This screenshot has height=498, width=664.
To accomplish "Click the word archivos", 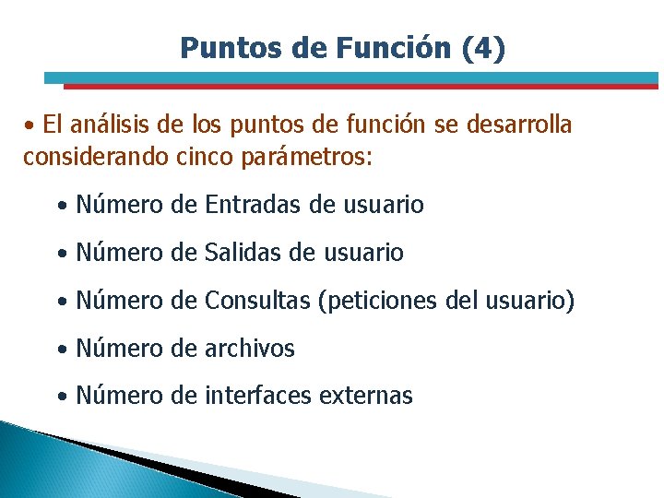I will click(250, 349).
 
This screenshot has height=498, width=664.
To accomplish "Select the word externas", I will click(365, 397).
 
